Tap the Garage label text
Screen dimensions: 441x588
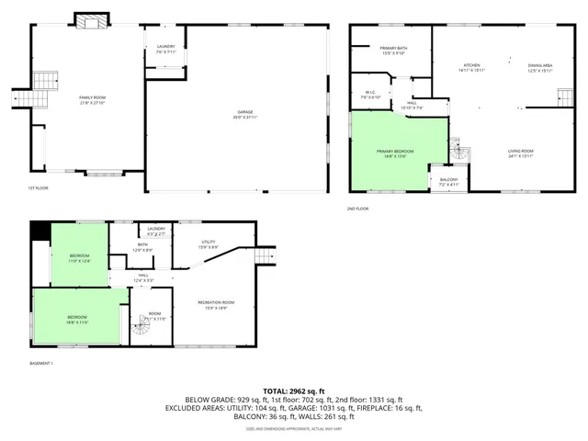247,113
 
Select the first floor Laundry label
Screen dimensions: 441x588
166,49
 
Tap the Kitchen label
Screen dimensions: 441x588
472,67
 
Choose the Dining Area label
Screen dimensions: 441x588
540,67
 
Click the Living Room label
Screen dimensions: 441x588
521,153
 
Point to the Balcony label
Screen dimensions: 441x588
448,181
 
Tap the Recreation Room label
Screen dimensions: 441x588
216,304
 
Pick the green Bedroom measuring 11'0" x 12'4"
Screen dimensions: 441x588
79,257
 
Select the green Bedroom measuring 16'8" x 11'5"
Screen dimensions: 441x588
77,319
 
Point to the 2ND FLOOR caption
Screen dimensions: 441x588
357,209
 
